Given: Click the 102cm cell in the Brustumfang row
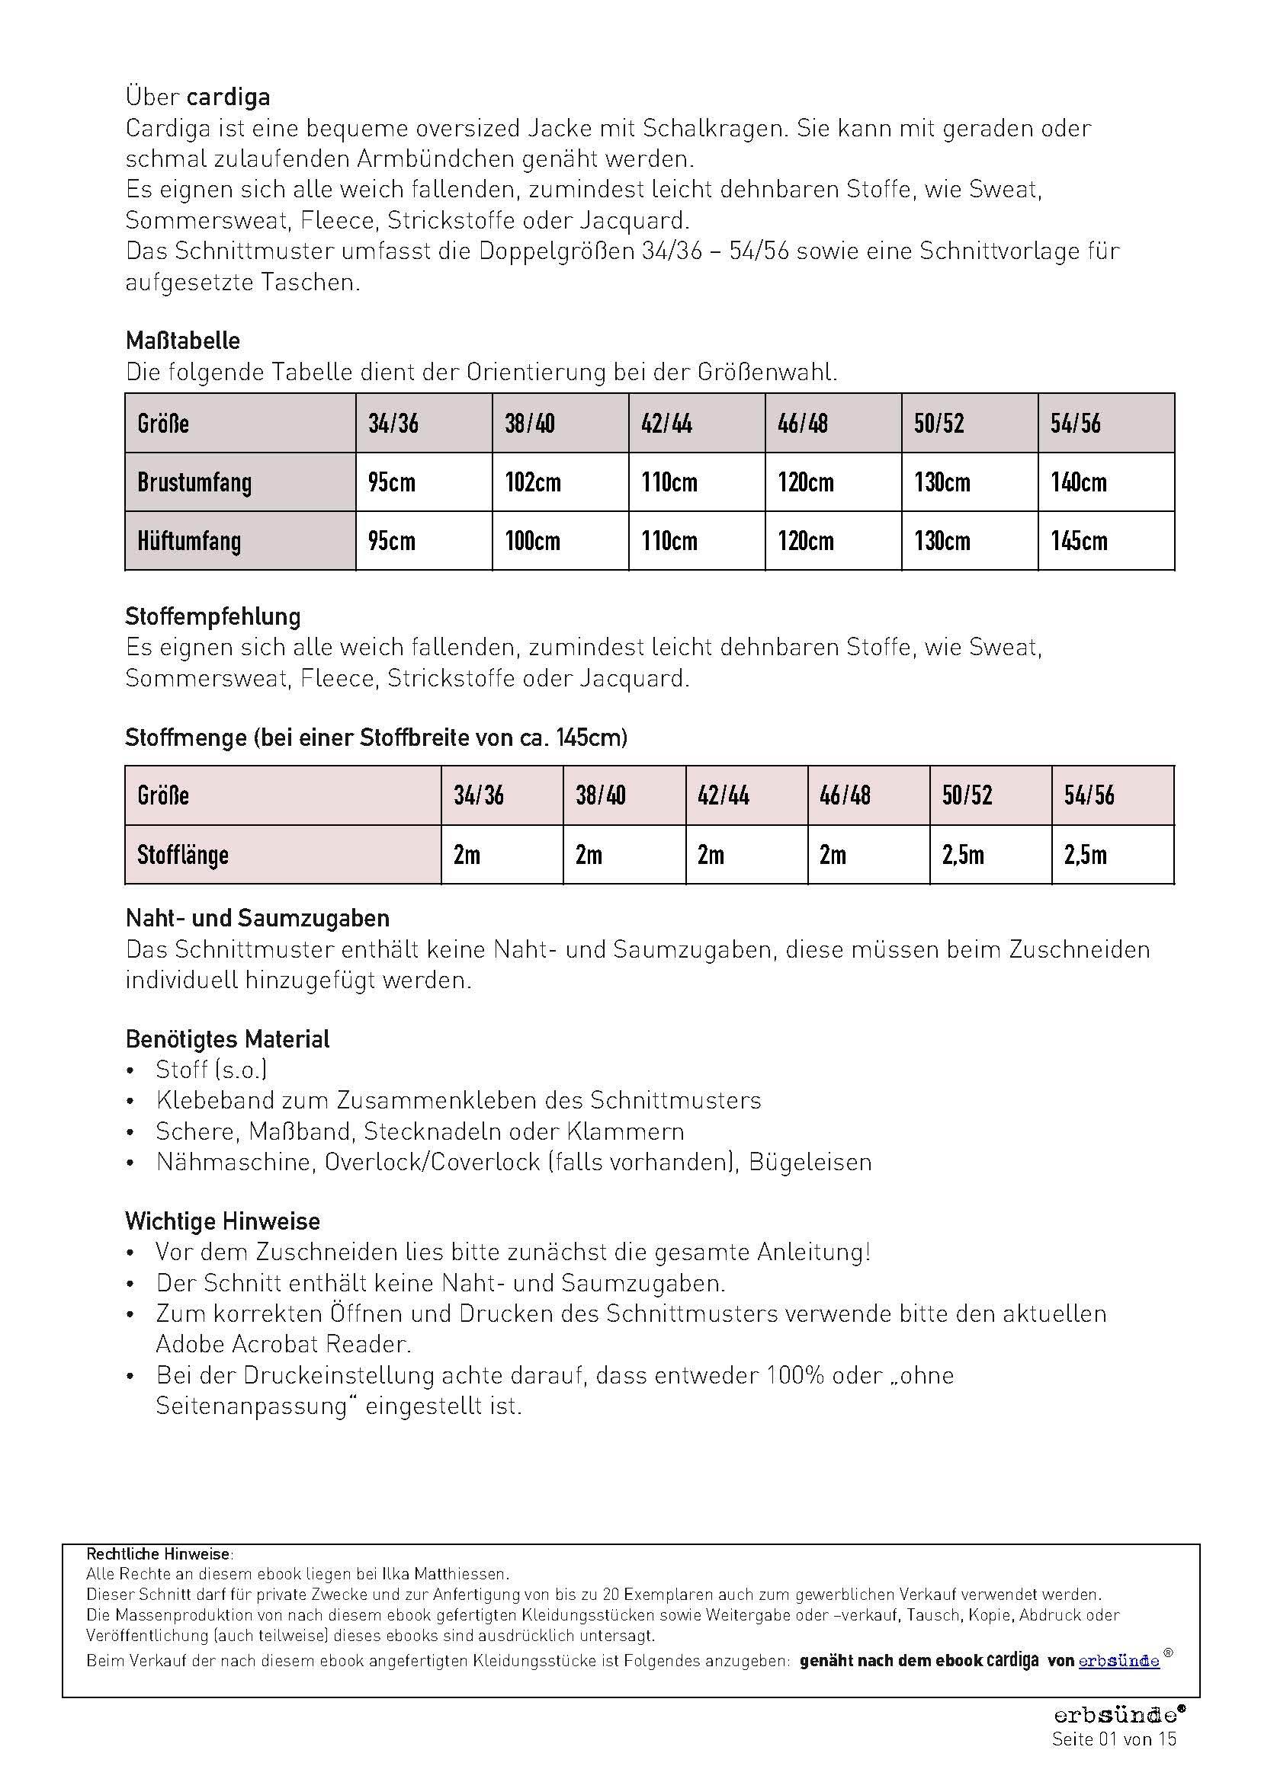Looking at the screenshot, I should point(533,482).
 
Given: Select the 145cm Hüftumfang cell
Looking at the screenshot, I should point(1079,541).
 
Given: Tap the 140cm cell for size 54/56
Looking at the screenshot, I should point(1079,482).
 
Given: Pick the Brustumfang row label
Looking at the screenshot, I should point(194,482).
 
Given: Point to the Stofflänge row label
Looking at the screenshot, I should point(182,855).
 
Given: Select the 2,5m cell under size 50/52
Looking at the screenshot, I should point(963,855).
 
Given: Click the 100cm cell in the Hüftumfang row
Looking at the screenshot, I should point(533,541).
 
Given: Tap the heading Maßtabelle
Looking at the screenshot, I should point(182,341).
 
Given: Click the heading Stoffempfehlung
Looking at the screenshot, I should point(213,616).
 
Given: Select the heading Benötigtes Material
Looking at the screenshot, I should point(227,1038).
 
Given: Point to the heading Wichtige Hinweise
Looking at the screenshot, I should point(222,1221).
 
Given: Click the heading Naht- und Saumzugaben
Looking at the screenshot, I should point(257,918).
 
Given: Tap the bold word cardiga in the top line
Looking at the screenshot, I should point(228,97).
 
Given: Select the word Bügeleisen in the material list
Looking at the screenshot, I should point(810,1162).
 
